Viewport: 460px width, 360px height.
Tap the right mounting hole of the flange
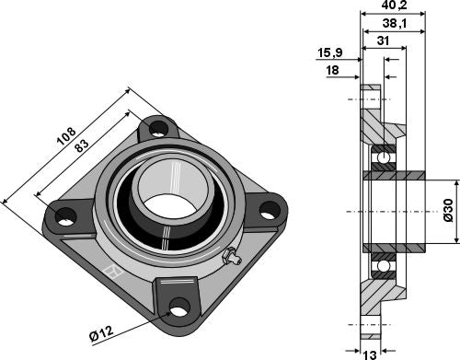(x=268, y=211)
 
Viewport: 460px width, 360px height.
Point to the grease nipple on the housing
(x=234, y=261)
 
